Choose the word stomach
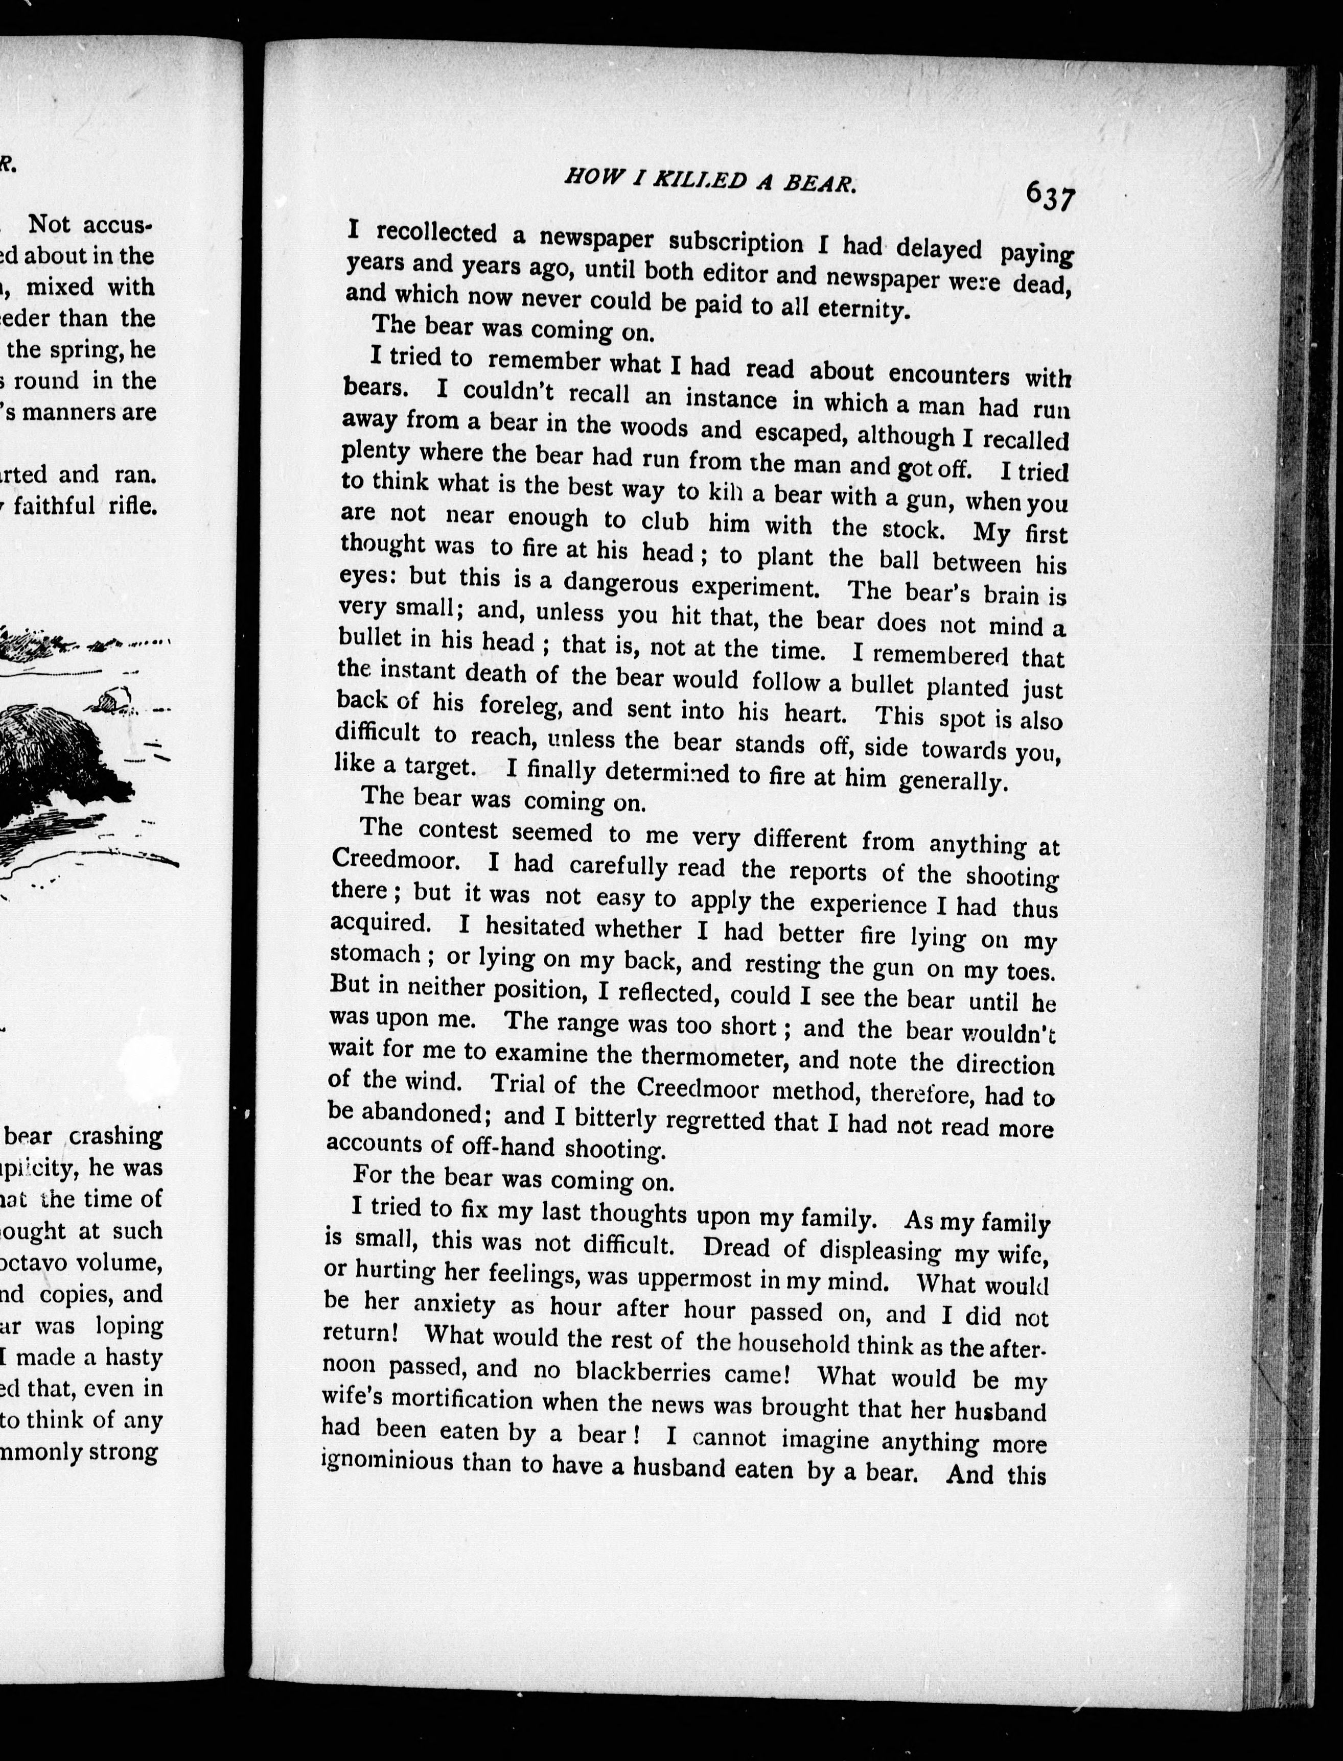[x=375, y=954]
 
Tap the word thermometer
[x=707, y=1057]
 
